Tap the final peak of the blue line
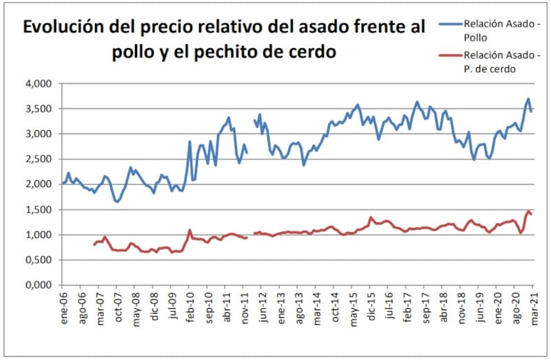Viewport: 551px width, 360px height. coord(528,99)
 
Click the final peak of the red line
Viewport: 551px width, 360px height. coord(528,211)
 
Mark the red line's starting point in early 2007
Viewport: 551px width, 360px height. coord(94,244)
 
